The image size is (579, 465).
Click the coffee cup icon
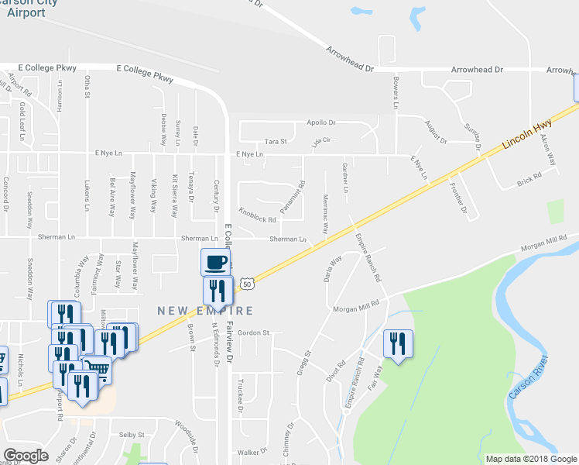[x=216, y=262]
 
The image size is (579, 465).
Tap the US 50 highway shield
[x=247, y=284]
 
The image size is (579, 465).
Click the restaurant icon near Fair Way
[x=398, y=344]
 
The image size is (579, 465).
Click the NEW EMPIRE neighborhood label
[x=205, y=311]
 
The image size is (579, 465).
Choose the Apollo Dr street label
[x=321, y=122]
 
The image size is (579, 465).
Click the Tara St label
[x=276, y=141]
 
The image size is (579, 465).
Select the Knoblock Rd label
[x=258, y=215]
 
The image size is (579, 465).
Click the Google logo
[x=26, y=456]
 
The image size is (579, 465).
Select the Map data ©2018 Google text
[x=531, y=459]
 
